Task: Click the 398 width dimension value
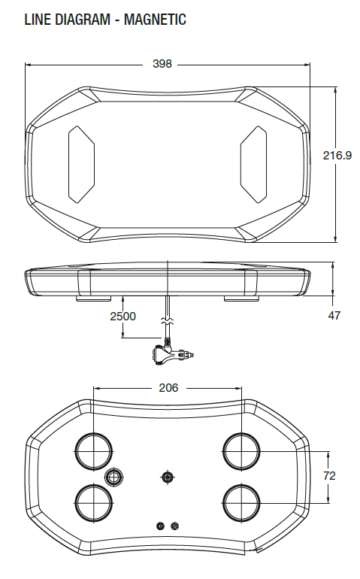pyautogui.click(x=162, y=64)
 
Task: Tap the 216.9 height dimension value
pyautogui.click(x=337, y=156)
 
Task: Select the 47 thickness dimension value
pyautogui.click(x=334, y=316)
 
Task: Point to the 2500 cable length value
pyautogui.click(x=123, y=316)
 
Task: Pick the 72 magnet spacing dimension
pyautogui.click(x=328, y=475)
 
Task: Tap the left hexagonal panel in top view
pyautogui.click(x=82, y=163)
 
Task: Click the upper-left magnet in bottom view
pyautogui.click(x=93, y=451)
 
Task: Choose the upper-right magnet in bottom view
pyautogui.click(x=242, y=451)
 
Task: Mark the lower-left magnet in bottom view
pyautogui.click(x=93, y=502)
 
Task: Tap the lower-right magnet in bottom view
pyautogui.click(x=242, y=502)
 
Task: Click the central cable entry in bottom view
pyautogui.click(x=167, y=477)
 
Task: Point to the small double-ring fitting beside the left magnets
pyautogui.click(x=114, y=477)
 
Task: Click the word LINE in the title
pyautogui.click(x=38, y=20)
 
